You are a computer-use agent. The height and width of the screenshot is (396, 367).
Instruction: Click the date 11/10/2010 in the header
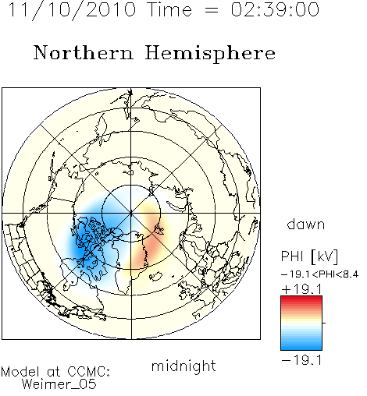pyautogui.click(x=72, y=10)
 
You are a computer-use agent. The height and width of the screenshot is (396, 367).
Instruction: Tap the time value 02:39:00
pyautogui.click(x=275, y=10)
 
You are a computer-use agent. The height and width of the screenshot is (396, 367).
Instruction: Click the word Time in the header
pyautogui.click(x=169, y=10)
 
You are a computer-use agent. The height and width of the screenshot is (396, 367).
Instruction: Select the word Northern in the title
pyautogui.click(x=84, y=52)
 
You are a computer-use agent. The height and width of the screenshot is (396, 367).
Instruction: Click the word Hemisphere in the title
pyautogui.click(x=210, y=53)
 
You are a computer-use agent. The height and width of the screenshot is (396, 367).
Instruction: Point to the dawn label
pyautogui.click(x=306, y=224)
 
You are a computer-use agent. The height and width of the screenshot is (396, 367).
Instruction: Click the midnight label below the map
pyautogui.click(x=183, y=366)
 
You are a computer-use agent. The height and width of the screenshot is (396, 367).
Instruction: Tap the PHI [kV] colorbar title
pyautogui.click(x=309, y=256)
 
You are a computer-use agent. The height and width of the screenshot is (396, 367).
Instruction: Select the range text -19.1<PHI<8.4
pyautogui.click(x=320, y=274)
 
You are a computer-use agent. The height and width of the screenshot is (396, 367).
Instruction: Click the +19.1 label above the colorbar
pyautogui.click(x=301, y=289)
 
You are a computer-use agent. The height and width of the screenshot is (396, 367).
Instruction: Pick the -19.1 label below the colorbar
pyautogui.click(x=301, y=360)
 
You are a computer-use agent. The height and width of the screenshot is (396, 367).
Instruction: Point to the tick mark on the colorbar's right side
pyautogui.click(x=324, y=323)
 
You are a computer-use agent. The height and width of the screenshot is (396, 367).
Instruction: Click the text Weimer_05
pyautogui.click(x=59, y=384)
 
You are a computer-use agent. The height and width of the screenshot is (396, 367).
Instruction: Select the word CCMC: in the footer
pyautogui.click(x=89, y=372)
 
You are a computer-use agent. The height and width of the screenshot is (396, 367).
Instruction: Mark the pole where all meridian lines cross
pyautogui.click(x=131, y=214)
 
